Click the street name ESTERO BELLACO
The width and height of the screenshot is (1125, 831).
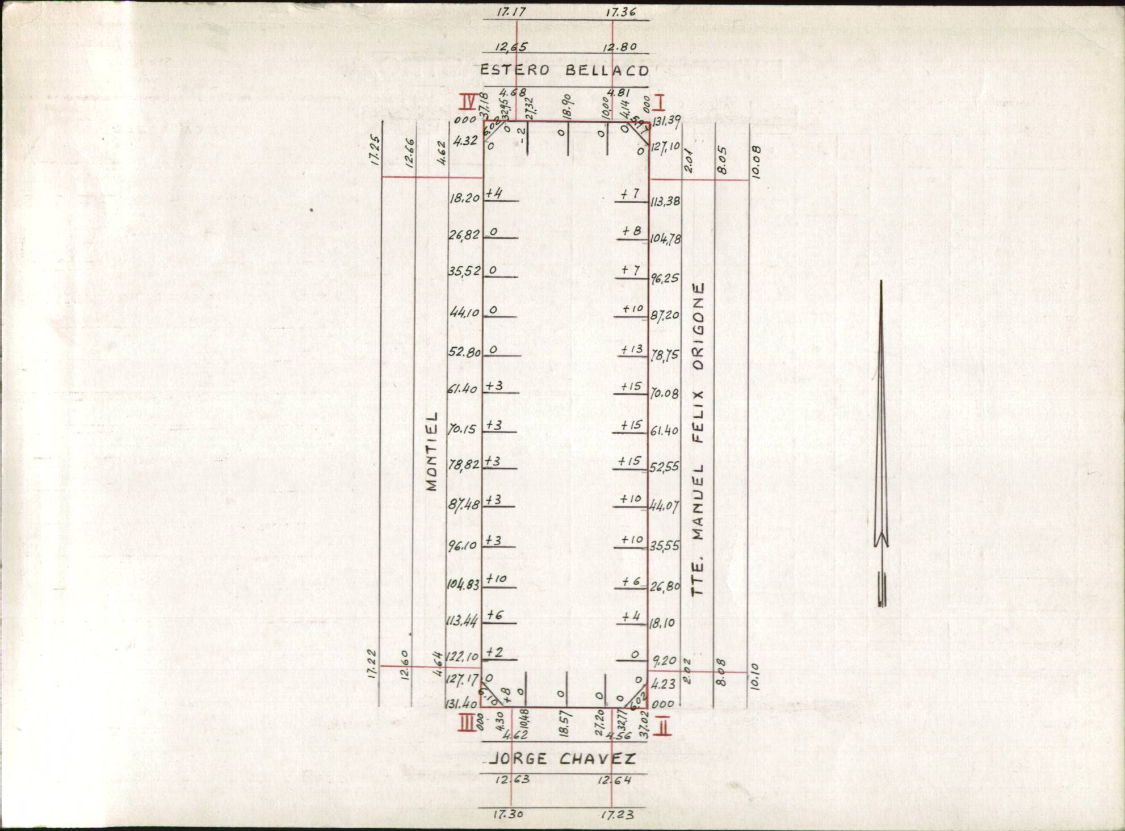(564, 70)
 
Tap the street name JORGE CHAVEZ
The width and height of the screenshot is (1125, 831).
(562, 759)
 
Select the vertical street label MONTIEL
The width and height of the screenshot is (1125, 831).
(433, 451)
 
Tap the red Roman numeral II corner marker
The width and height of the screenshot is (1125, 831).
(662, 727)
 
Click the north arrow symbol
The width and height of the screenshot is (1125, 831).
(881, 443)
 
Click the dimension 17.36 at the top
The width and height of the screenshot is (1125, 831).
(620, 12)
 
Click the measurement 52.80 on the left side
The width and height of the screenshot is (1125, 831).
(464, 352)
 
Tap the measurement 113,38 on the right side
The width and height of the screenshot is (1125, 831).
(665, 202)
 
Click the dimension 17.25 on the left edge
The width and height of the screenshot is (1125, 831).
(375, 150)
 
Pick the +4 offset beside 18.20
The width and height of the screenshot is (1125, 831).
(494, 194)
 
